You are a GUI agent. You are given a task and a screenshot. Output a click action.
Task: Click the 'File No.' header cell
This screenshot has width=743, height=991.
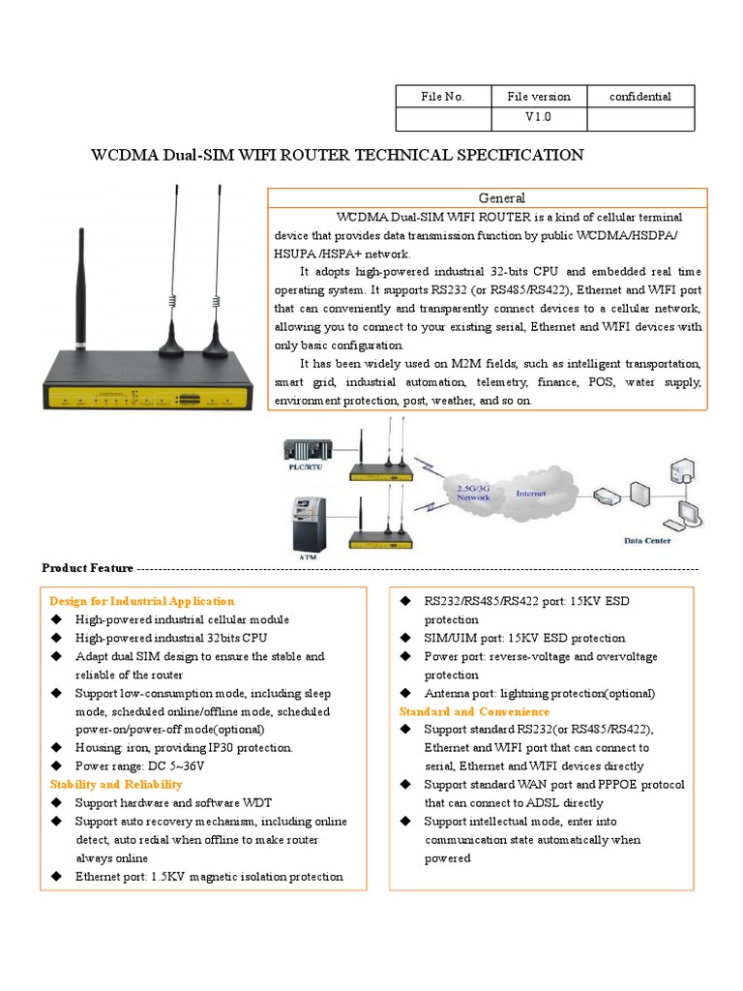pos(443,96)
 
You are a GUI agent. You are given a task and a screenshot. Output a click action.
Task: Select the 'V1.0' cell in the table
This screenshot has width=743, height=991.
pos(539,118)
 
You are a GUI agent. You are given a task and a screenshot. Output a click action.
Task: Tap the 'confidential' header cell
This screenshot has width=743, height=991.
pos(639,96)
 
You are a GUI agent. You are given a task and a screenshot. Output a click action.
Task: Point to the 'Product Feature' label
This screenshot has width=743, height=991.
pos(88,568)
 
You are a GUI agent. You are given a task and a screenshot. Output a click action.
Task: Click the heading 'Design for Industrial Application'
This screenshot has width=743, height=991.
pos(141,601)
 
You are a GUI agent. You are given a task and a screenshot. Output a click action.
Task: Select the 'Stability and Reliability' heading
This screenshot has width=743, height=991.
pos(115,784)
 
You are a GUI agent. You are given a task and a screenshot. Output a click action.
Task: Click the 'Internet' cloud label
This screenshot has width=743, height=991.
pos(530,494)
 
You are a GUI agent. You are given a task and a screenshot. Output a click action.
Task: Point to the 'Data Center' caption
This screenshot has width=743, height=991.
pos(646,541)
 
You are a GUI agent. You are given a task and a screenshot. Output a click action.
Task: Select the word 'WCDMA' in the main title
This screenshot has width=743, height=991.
pos(123,155)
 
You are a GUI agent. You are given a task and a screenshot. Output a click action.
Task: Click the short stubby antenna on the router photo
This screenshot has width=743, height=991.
pos(82,290)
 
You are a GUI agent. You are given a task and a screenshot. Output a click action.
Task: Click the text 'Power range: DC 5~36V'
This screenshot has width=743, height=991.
pos(140,766)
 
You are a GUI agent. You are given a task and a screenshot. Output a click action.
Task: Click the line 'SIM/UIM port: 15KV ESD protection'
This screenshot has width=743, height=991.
pos(524,638)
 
